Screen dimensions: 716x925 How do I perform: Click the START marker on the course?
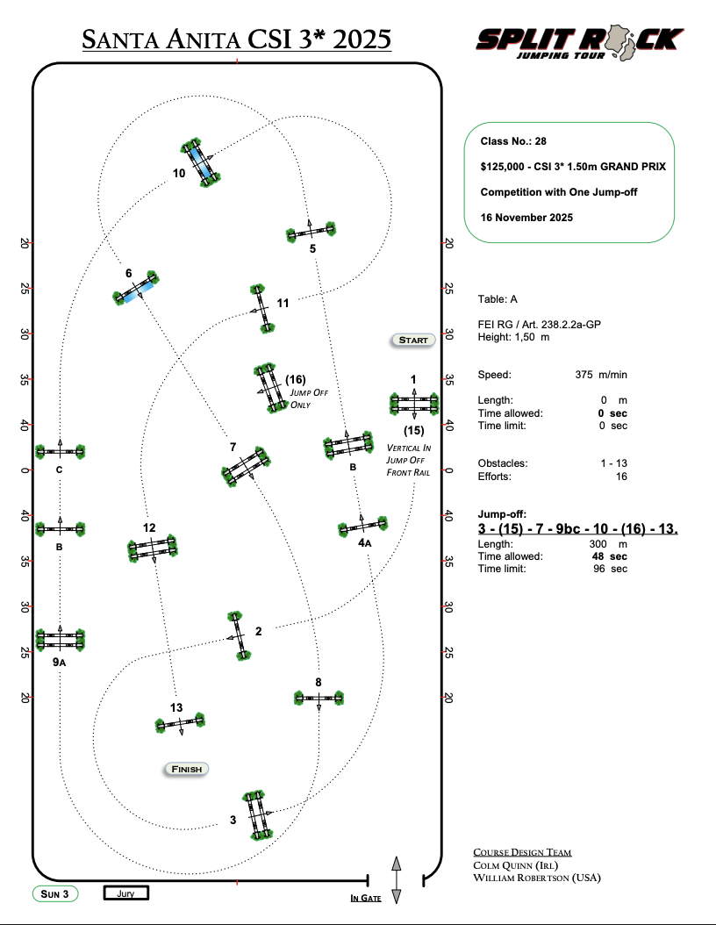point(413,340)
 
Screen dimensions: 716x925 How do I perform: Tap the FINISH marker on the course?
point(186,769)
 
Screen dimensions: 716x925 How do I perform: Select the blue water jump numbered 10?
point(201,162)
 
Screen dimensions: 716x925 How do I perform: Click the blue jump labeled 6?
point(136,287)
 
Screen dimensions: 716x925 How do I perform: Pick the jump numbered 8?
point(319,698)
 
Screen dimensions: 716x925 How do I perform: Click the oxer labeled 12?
point(152,548)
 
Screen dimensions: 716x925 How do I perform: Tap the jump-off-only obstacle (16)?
point(271,388)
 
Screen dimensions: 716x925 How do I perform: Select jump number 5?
point(311,232)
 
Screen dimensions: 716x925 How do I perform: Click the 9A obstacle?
point(61,640)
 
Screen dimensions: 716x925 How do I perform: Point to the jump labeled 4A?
point(362,526)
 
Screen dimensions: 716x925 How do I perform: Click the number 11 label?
point(283,304)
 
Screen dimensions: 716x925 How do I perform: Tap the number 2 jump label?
point(258,631)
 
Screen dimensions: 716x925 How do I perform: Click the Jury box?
point(125,893)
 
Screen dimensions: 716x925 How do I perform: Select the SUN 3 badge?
point(55,893)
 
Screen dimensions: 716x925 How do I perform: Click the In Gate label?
point(366,898)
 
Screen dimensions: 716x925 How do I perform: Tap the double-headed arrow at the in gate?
point(397,880)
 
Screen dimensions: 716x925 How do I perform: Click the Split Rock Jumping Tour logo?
point(580,43)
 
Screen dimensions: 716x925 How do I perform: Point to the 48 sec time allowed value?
point(610,556)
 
